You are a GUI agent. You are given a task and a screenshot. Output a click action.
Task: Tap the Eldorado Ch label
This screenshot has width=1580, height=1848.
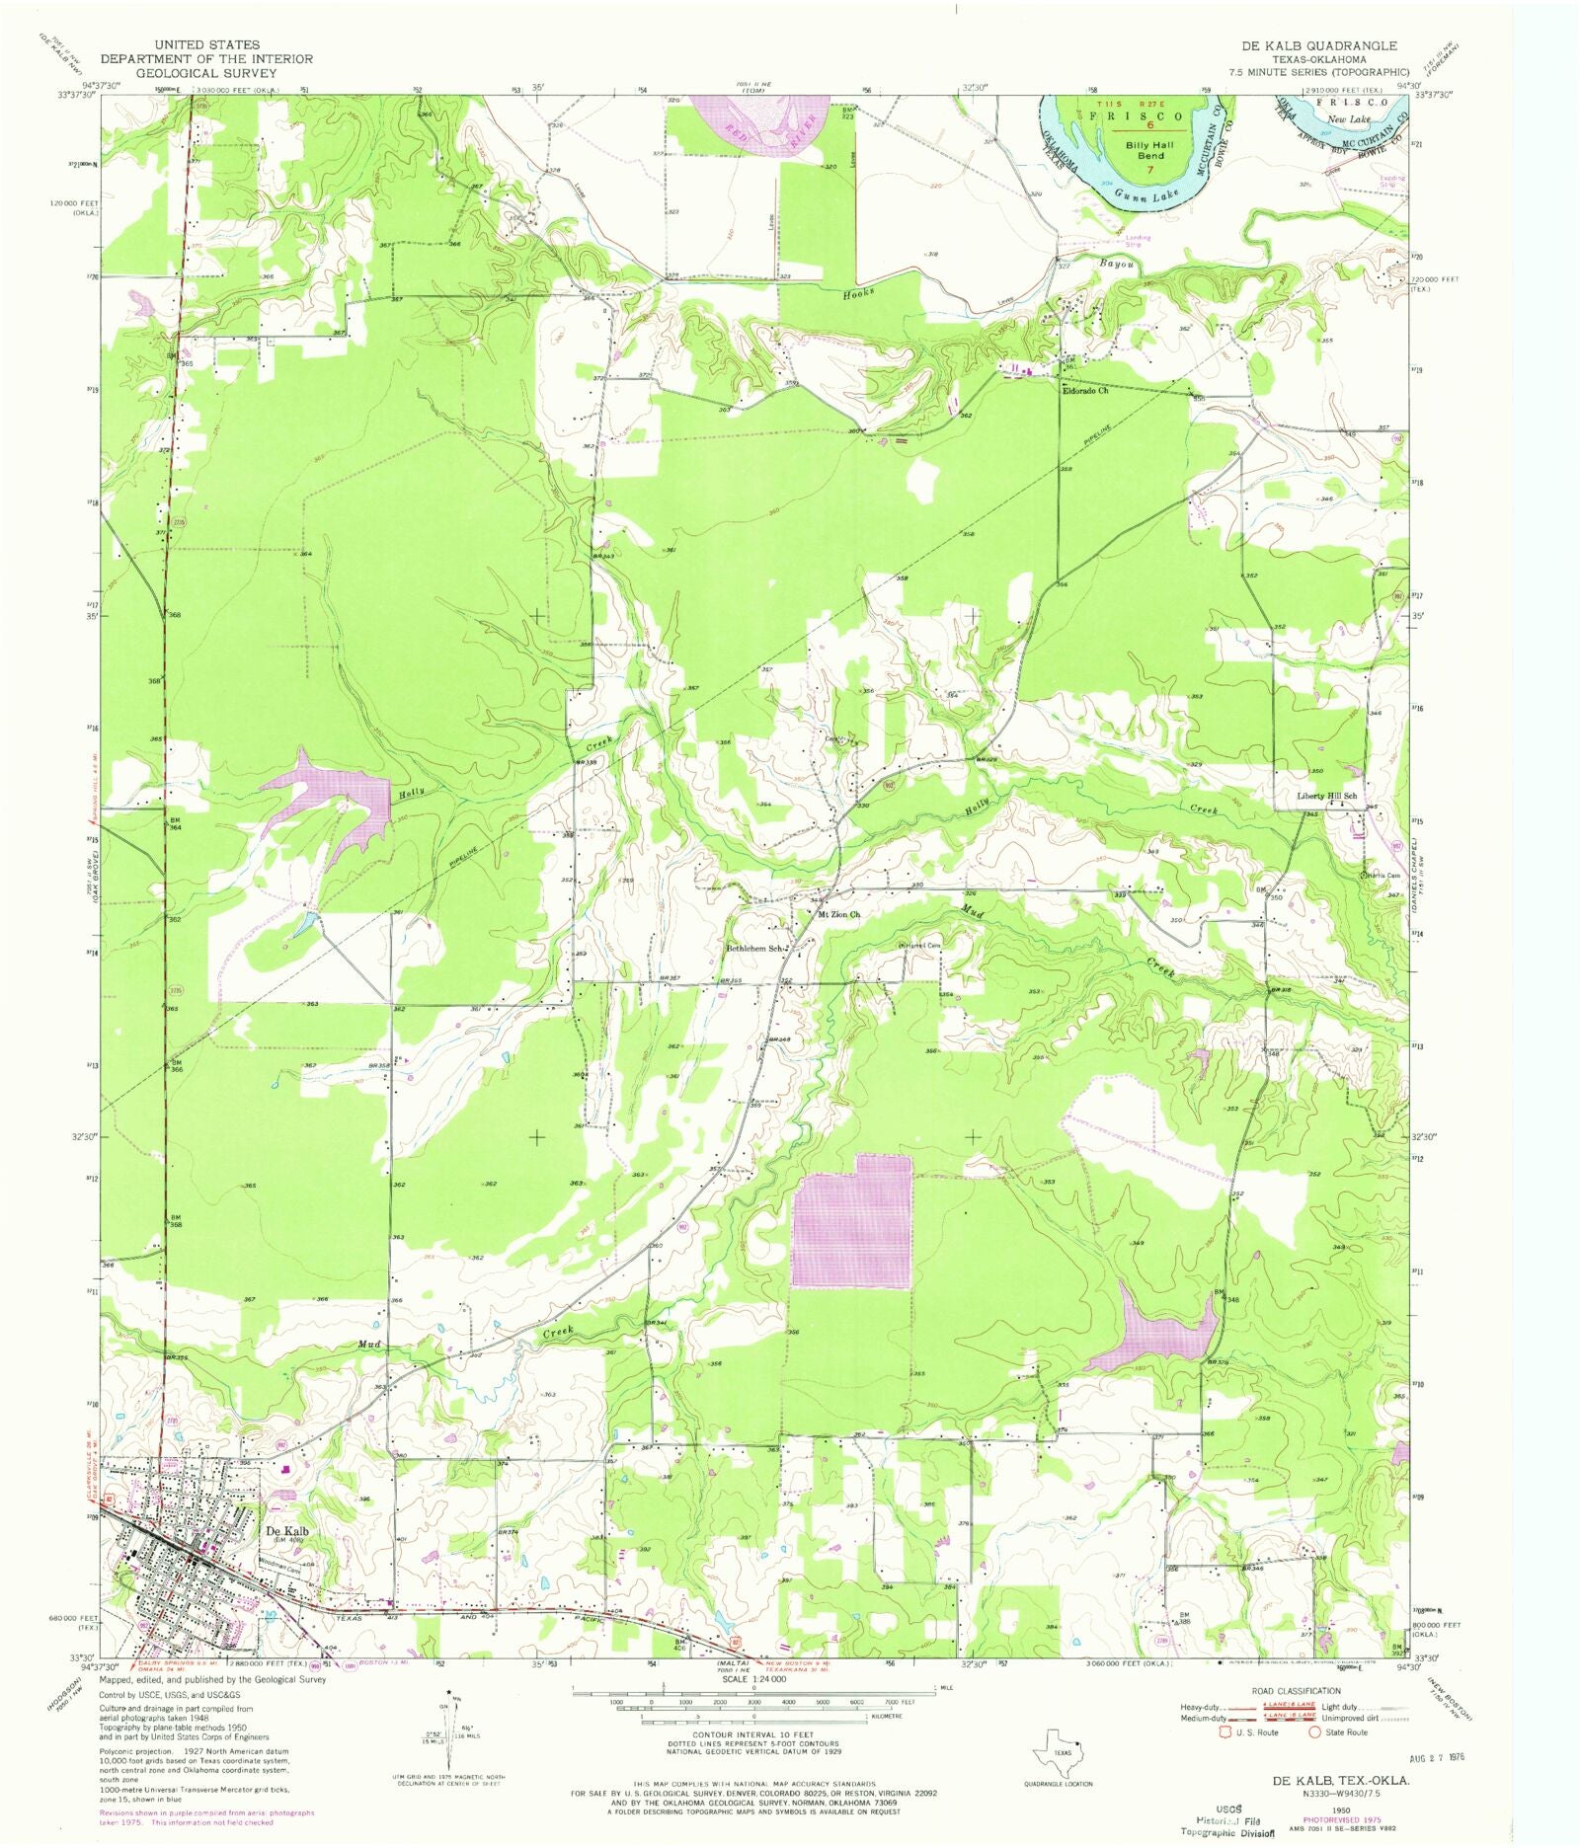pyautogui.click(x=1084, y=391)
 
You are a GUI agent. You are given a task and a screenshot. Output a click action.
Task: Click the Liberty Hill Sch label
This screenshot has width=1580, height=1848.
pyautogui.click(x=1326, y=796)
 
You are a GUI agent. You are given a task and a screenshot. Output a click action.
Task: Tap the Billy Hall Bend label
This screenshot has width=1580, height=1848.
pyautogui.click(x=1150, y=150)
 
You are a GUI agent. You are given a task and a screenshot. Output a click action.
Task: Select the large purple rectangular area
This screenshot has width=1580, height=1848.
pyautogui.click(x=852, y=1221)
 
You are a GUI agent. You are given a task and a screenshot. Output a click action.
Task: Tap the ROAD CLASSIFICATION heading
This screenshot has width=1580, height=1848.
pyautogui.click(x=1296, y=1691)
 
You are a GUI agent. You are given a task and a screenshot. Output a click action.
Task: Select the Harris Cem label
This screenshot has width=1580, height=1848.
pyautogui.click(x=1382, y=876)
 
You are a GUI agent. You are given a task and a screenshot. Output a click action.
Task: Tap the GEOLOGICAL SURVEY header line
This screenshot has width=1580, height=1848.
pyautogui.click(x=206, y=72)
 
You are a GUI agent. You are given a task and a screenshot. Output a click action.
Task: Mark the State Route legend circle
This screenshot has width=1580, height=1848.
pyautogui.click(x=1314, y=1732)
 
